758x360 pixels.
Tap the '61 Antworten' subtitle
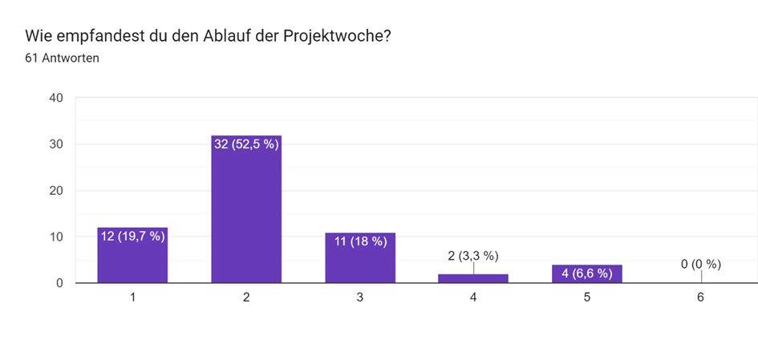pyautogui.click(x=62, y=58)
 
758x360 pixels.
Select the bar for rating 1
pyautogui.click(x=132, y=261)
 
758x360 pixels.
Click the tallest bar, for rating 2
pyautogui.click(x=246, y=216)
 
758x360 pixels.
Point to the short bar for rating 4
pyautogui.click(x=473, y=278)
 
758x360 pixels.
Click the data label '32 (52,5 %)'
pyautogui.click(x=246, y=144)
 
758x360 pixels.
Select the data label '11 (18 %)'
pyautogui.click(x=360, y=241)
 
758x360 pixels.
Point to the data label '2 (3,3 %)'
pyautogui.click(x=473, y=256)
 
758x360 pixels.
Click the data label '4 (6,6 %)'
pyautogui.click(x=587, y=273)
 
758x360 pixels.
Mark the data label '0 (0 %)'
pyautogui.click(x=700, y=264)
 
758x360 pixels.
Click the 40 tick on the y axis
pyautogui.click(x=56, y=99)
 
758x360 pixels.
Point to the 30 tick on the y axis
pyautogui.click(x=56, y=144)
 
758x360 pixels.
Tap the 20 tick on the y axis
pyautogui.click(x=56, y=191)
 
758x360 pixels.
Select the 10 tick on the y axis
pyautogui.click(x=56, y=237)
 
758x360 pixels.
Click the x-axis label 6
pyautogui.click(x=700, y=297)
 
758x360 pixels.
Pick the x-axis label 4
pyautogui.click(x=473, y=297)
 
